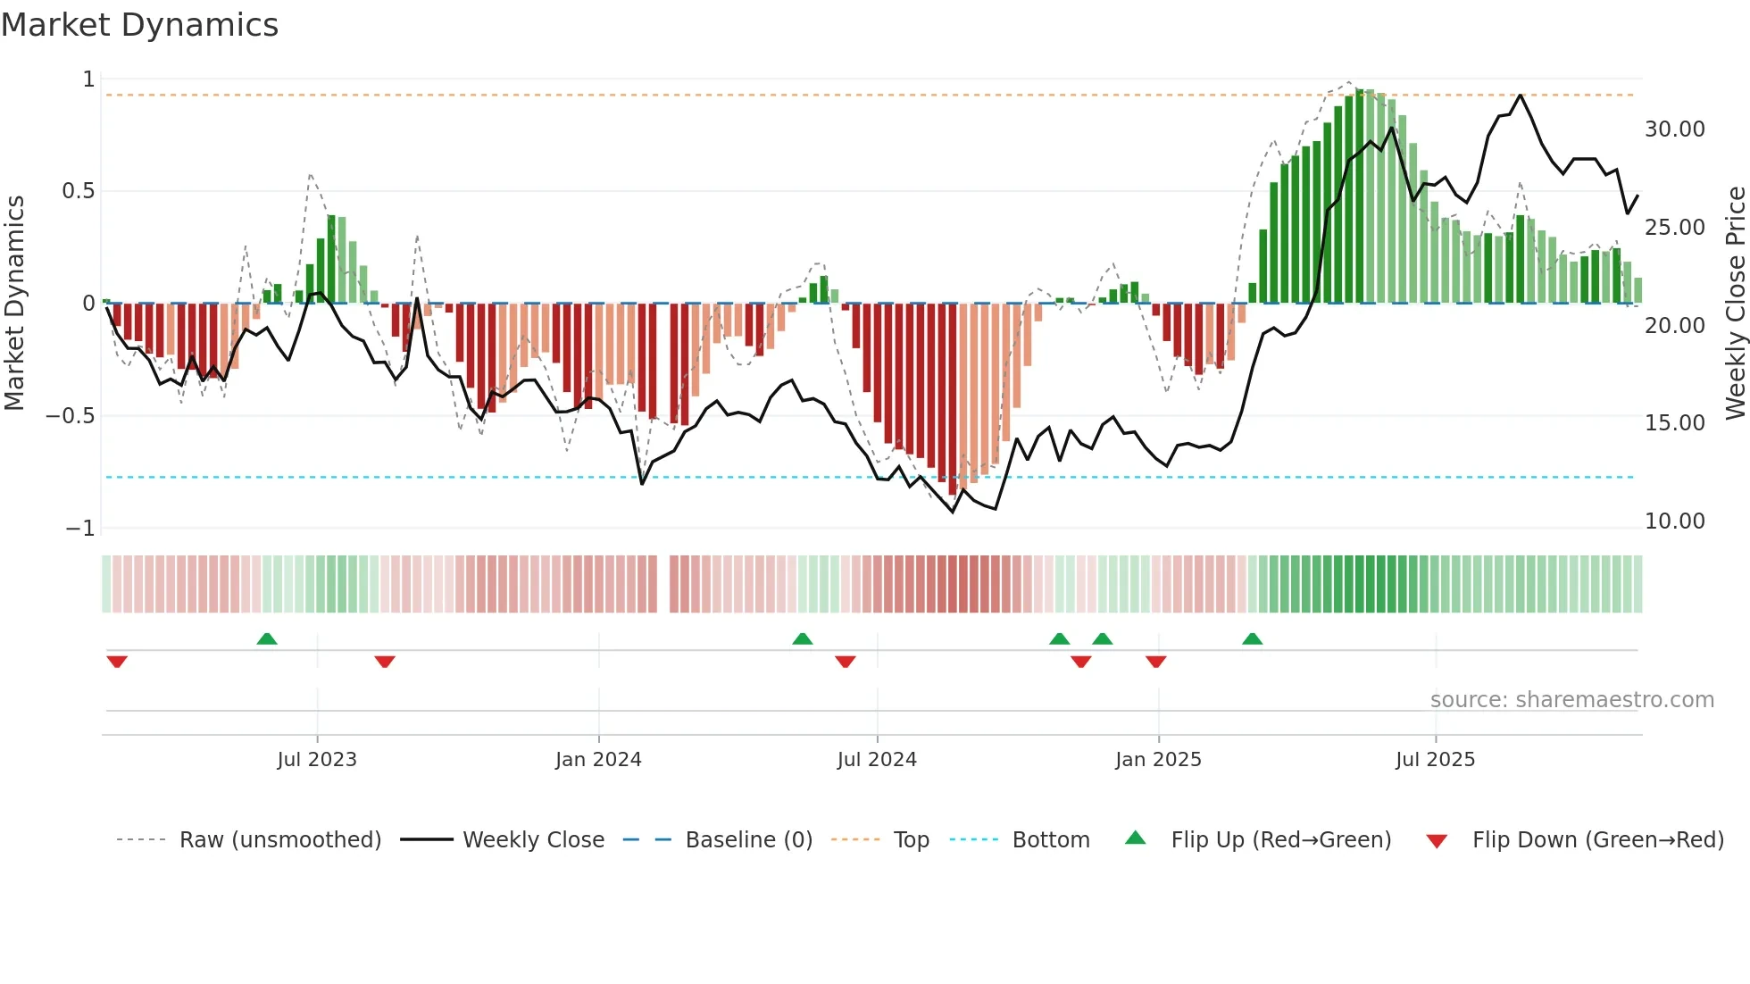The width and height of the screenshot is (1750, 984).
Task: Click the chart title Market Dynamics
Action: [139, 25]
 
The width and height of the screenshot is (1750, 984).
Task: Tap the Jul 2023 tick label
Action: [317, 760]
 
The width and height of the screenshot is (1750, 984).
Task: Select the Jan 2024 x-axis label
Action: [598, 760]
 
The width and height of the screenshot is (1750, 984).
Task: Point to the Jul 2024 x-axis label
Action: [877, 760]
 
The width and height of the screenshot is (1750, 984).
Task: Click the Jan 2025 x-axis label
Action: [1158, 760]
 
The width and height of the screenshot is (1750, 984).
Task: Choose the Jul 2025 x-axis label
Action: [1436, 760]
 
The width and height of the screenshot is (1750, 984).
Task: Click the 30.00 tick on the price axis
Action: [1674, 129]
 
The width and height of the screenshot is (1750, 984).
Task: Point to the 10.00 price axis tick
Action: [1674, 521]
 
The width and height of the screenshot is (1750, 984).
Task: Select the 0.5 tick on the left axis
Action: [78, 191]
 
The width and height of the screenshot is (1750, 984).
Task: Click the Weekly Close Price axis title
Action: [1735, 303]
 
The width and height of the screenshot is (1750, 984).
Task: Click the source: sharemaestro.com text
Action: [1571, 700]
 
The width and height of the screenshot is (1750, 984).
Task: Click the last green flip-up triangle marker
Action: [1252, 638]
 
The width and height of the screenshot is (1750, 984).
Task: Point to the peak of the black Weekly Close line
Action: [1521, 95]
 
